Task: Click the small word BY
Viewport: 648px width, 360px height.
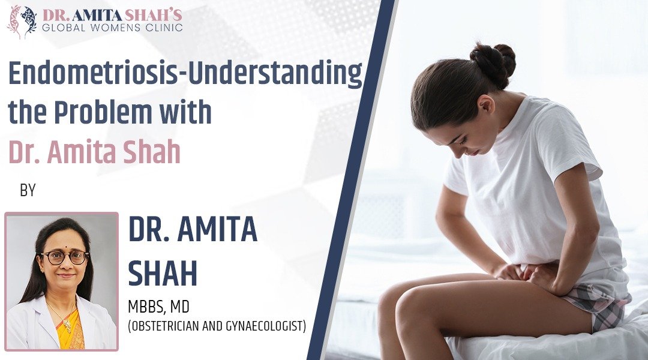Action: [x=28, y=191]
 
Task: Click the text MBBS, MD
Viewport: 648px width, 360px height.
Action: [x=158, y=308]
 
